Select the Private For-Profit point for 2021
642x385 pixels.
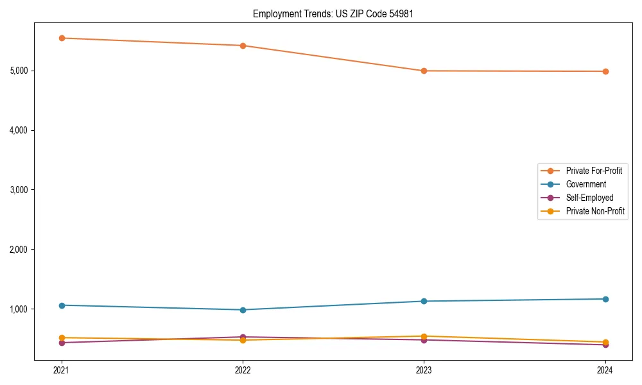coord(62,38)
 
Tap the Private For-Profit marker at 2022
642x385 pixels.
coord(243,46)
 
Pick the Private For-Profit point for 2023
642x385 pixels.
coord(424,71)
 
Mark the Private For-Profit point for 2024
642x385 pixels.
coord(605,71)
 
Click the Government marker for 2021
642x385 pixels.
coord(62,305)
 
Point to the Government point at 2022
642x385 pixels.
coord(243,310)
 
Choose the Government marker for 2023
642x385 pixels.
coord(424,301)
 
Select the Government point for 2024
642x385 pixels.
coord(605,299)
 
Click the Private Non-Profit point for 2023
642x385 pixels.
coord(424,336)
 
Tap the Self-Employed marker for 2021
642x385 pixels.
coord(62,343)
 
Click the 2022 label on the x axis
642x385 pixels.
coord(243,370)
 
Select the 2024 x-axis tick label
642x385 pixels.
coord(605,370)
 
